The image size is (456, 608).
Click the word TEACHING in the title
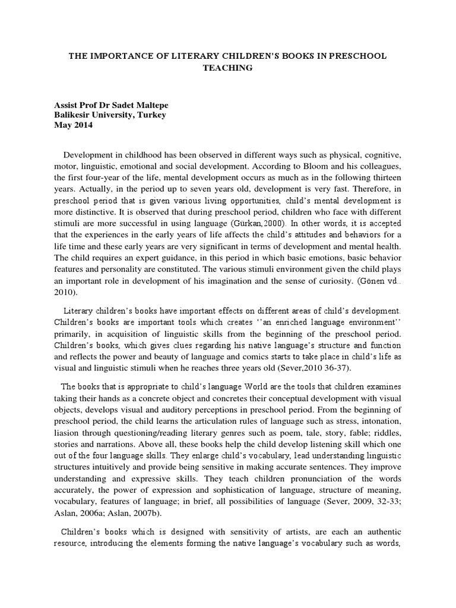[228, 68]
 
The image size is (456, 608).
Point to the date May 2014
[74, 126]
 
